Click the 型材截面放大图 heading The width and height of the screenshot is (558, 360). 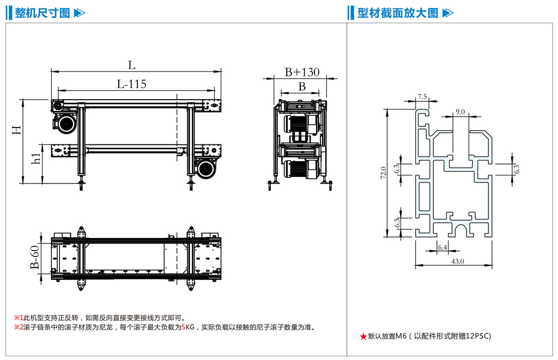point(398,13)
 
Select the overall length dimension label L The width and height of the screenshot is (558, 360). point(131,65)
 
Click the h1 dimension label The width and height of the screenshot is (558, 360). point(37,158)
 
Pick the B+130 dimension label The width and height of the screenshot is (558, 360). point(302,72)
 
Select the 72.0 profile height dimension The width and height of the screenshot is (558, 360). point(383,173)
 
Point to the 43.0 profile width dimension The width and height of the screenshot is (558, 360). point(457,261)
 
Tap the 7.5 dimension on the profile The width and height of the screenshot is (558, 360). point(422,96)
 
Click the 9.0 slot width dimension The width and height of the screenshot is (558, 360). point(459,111)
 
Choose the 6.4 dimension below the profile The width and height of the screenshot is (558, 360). point(442,247)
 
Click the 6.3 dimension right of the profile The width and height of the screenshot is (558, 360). point(516,169)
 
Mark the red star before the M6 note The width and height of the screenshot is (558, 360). point(363,337)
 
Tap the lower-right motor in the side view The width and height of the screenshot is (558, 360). point(207,168)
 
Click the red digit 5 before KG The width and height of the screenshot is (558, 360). point(183,327)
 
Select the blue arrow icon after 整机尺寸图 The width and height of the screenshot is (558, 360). point(79,13)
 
